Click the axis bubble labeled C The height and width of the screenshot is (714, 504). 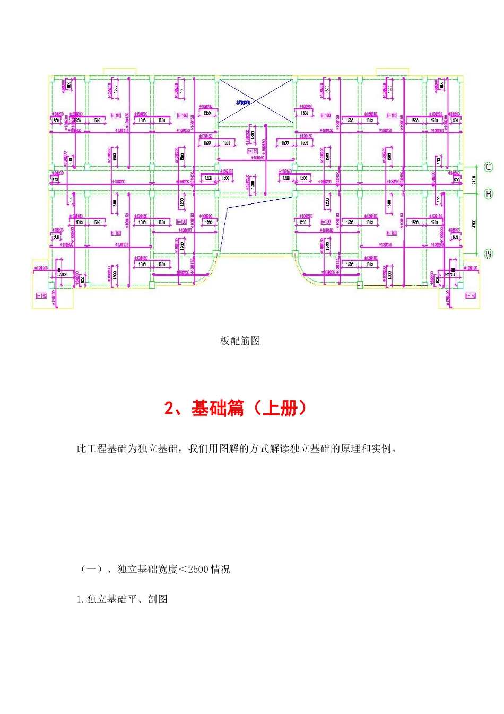[x=489, y=167]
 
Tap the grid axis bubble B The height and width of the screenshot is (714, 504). [x=489, y=194]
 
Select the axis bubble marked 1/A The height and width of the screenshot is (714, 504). [x=489, y=254]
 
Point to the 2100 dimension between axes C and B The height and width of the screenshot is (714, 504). [x=474, y=180]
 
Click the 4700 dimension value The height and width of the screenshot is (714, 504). [x=474, y=224]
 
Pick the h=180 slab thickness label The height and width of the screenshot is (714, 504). [x=253, y=151]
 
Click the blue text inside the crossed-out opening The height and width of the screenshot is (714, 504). [x=243, y=101]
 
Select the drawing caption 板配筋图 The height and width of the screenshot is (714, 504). [x=240, y=341]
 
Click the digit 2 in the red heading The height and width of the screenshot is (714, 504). [x=169, y=408]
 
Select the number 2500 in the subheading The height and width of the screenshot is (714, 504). [x=198, y=569]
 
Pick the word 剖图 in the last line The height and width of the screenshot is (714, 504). [x=158, y=599]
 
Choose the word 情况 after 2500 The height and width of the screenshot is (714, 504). [x=220, y=569]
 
